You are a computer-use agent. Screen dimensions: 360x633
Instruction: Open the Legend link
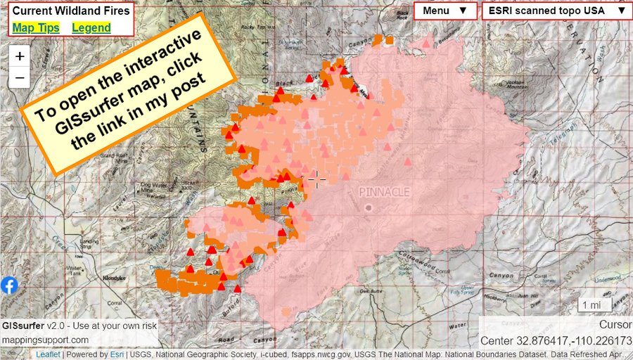click(x=91, y=27)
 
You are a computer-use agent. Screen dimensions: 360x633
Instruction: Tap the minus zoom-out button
click(x=20, y=77)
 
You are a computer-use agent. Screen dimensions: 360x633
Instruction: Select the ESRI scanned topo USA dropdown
click(x=554, y=11)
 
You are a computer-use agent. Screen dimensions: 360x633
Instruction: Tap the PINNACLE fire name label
click(x=384, y=191)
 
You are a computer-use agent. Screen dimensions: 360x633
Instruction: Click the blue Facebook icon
click(x=9, y=285)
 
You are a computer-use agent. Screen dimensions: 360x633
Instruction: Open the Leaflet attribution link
click(x=48, y=355)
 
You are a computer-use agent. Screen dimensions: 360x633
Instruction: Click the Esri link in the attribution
click(x=116, y=355)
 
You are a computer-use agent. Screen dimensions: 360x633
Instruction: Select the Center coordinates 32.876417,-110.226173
click(x=556, y=341)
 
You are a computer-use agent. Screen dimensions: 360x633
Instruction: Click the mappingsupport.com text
click(x=45, y=340)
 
